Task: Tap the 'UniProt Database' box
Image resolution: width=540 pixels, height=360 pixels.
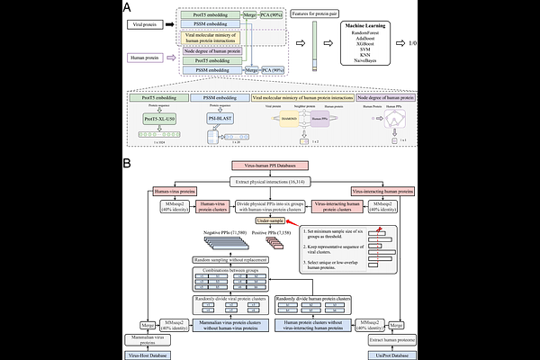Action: [x=392, y=355]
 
